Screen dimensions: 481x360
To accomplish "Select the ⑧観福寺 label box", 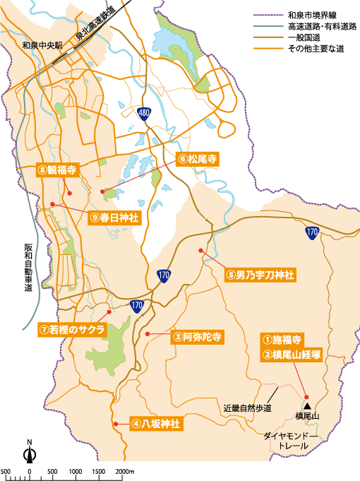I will [x=58, y=170].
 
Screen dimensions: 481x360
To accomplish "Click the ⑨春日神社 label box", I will [x=116, y=218].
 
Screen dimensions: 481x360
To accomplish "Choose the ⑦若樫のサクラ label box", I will [x=72, y=330].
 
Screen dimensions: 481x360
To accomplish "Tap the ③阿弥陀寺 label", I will [x=197, y=338].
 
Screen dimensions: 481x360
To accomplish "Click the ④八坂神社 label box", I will [x=155, y=424].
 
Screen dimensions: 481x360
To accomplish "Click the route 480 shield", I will [x=145, y=113].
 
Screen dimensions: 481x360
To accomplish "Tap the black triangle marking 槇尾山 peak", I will [x=308, y=405].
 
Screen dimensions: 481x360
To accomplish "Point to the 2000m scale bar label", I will [x=124, y=471].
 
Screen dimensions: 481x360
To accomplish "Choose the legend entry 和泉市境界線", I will [x=313, y=14].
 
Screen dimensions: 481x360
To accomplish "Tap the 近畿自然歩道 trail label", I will [x=247, y=408].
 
